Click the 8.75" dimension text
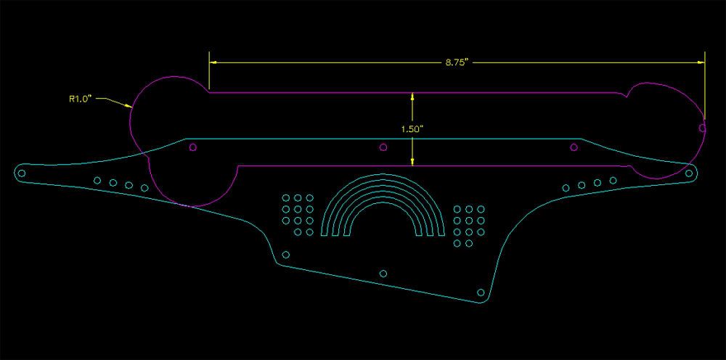(457, 62)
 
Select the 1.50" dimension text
(412, 129)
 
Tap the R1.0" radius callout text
(81, 98)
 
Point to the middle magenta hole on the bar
(383, 147)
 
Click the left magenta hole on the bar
(193, 147)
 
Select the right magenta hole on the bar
(574, 147)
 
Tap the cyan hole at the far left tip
(21, 174)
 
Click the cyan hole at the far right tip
(689, 173)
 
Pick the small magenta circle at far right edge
(702, 128)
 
